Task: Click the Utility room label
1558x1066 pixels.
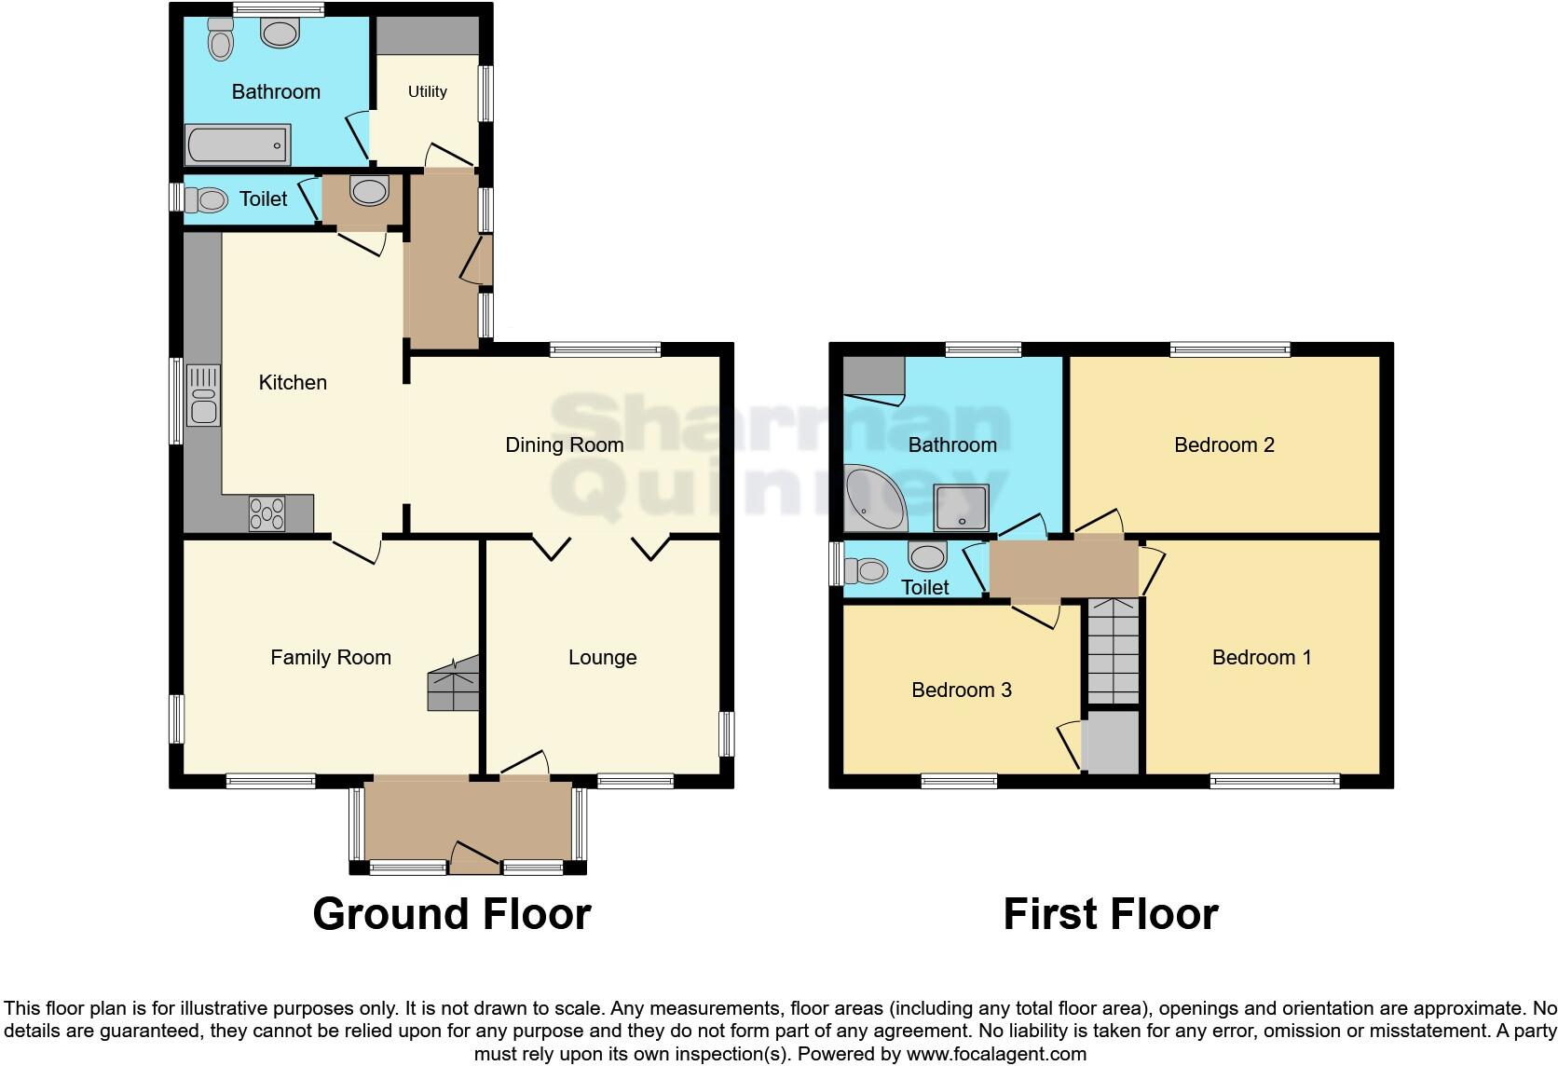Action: coord(427,91)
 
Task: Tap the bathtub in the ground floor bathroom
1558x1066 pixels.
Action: coord(239,145)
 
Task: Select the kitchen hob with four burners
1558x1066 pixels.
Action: coord(267,513)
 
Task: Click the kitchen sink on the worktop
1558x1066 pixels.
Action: coord(203,396)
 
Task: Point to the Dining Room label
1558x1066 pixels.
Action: coord(564,445)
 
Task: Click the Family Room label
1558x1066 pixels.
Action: coord(330,658)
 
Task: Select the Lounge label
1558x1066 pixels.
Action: coord(602,658)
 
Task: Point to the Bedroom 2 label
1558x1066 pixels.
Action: coord(1223,445)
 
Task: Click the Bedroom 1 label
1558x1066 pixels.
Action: coord(1261,658)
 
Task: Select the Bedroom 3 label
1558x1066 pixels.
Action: coord(961,690)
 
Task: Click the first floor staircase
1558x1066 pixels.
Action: coord(1114,651)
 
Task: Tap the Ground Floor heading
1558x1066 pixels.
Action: coord(452,914)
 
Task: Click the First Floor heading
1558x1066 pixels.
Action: coord(1110,914)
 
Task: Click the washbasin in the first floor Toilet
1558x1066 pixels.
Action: coord(927,556)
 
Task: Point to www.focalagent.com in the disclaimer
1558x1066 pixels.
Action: coord(996,1055)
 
